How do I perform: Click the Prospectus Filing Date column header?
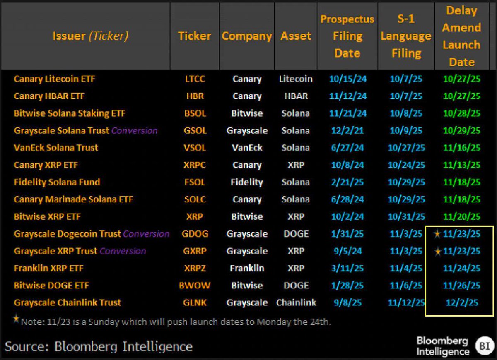tap(347, 36)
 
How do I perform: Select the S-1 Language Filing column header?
tap(406, 36)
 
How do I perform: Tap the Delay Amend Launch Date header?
tap(461, 36)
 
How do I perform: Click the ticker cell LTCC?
tap(194, 79)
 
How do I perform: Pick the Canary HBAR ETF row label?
tap(49, 96)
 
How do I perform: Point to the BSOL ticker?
tap(194, 113)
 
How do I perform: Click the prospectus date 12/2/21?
tap(347, 130)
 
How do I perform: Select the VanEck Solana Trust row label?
tap(56, 148)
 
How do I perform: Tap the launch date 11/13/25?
tap(461, 165)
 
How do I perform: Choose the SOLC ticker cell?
tap(194, 199)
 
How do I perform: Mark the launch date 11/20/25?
tap(461, 216)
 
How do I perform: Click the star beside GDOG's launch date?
tap(437, 234)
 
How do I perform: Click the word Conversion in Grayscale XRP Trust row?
tap(123, 251)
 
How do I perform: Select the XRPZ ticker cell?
tap(194, 268)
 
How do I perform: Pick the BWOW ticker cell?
tap(194, 286)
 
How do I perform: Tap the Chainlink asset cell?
tap(296, 302)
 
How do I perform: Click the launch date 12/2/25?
tap(461, 302)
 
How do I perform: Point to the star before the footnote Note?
tap(16, 319)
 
